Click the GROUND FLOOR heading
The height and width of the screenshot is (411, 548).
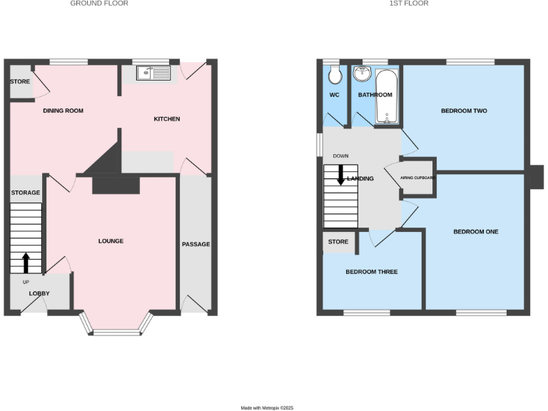99,4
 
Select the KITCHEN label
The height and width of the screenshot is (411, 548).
167,118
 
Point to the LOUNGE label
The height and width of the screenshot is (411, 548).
111,241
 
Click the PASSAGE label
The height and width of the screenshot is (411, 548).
196,244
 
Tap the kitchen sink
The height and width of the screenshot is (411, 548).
153,72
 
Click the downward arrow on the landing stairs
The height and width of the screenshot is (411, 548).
341,175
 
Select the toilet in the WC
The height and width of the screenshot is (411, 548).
335,75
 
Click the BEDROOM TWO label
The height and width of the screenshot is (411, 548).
464,111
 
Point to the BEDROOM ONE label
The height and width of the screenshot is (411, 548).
476,232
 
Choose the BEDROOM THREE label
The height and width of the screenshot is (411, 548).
372,272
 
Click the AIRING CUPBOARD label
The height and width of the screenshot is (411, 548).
417,178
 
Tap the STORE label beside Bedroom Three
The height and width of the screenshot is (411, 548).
338,242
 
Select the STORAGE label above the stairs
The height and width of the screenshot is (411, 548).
26,193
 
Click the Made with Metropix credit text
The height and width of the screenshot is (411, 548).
267,407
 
